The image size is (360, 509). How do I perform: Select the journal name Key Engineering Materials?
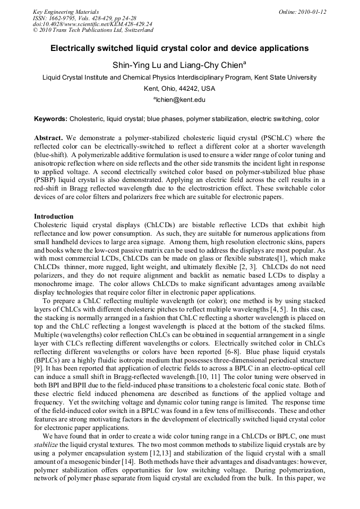66,12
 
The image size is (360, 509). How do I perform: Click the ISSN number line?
84,18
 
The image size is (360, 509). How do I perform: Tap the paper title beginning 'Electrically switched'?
179,48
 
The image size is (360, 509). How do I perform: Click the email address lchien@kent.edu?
181,99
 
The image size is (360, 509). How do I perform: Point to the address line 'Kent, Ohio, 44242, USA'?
179,88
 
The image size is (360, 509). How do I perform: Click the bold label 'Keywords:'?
51,119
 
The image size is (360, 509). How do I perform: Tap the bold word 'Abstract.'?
49,138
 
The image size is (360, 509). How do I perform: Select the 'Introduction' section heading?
54,217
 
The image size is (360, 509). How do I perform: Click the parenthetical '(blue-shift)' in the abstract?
50,154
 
